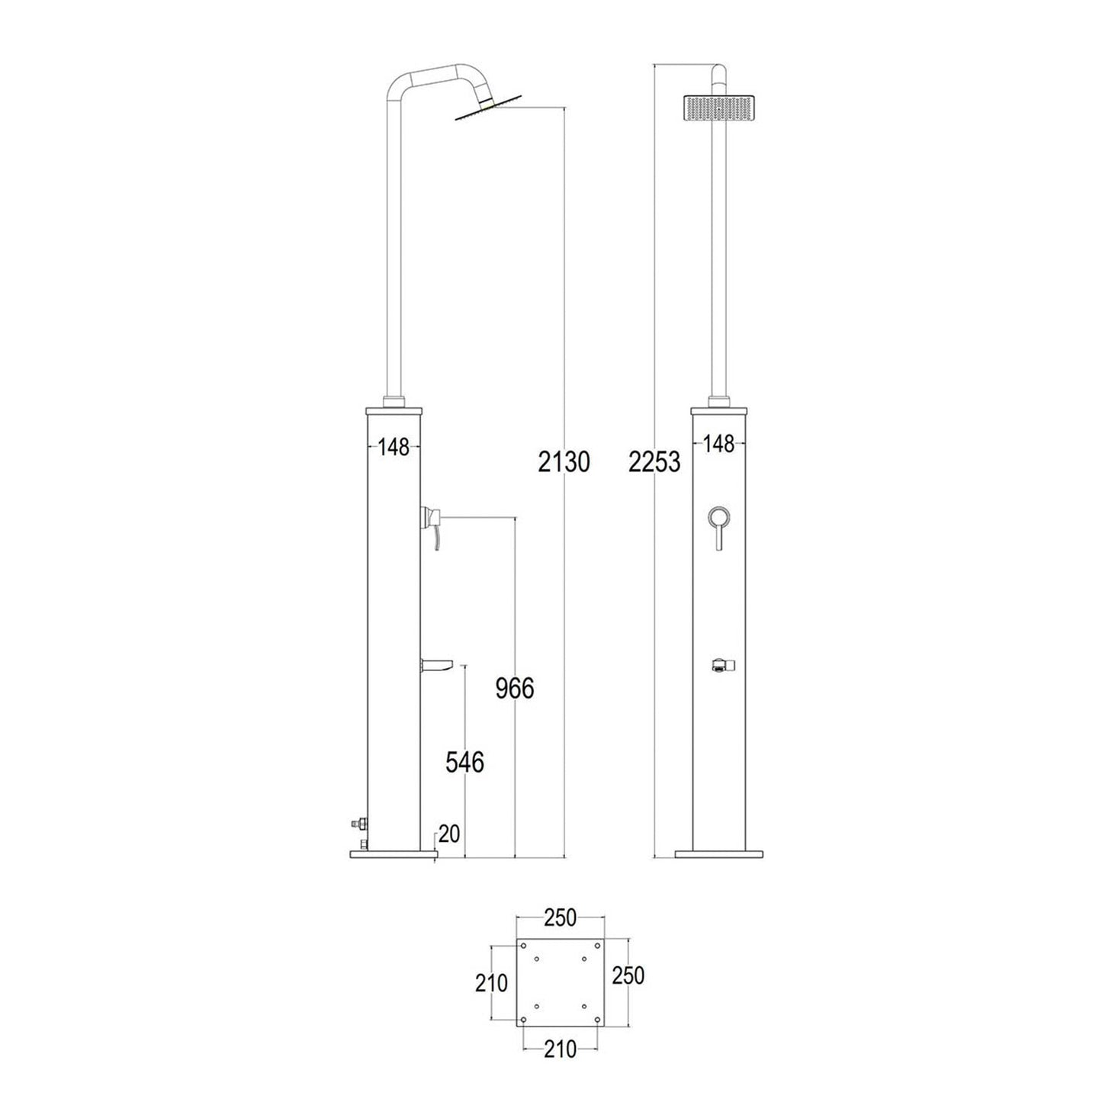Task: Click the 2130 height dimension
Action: coord(564,461)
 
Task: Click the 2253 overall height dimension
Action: coord(654,461)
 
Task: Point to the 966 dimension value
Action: coord(515,689)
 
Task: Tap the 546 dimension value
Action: coord(465,762)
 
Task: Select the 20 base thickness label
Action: coord(449,834)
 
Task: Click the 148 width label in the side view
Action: coord(394,446)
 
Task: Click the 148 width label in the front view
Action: coord(719,443)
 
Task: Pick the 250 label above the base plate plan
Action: coord(561,918)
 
